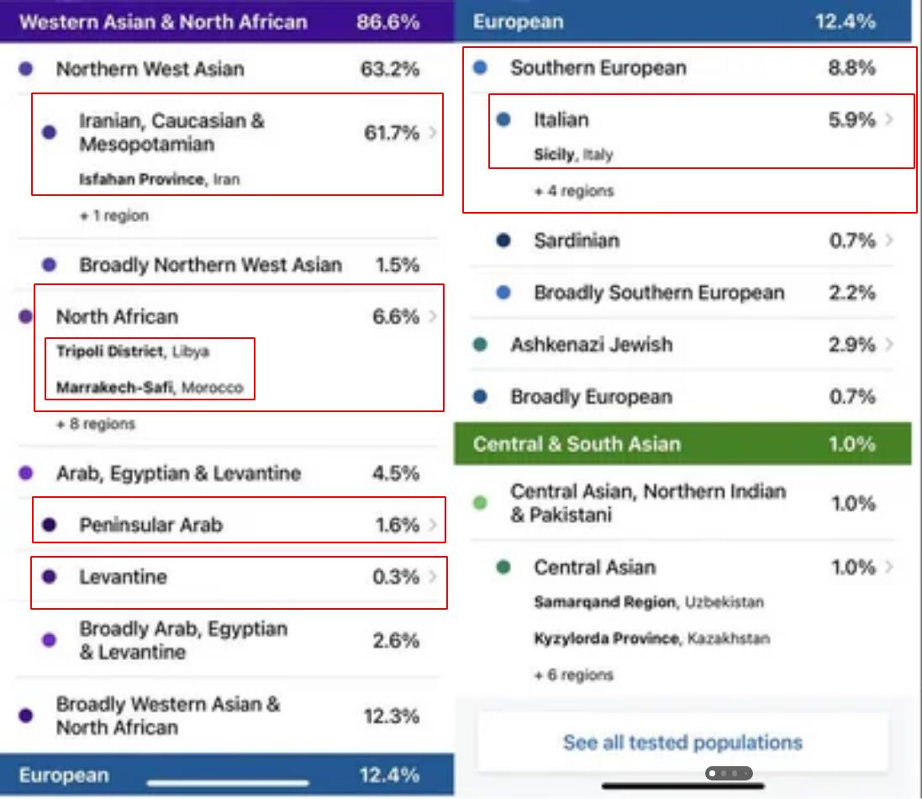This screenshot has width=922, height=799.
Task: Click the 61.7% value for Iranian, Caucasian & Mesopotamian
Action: click(x=391, y=133)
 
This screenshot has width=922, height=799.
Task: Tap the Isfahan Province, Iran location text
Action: click(x=160, y=179)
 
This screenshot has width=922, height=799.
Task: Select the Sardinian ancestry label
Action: click(x=577, y=241)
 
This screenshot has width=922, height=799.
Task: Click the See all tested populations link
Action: click(x=682, y=743)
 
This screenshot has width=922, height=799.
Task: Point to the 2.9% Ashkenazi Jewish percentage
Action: click(x=852, y=345)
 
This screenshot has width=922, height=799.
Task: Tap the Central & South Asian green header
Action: click(x=577, y=444)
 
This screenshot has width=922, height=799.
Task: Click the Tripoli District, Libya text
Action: click(x=132, y=352)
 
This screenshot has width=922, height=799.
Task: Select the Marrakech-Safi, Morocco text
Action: click(x=150, y=388)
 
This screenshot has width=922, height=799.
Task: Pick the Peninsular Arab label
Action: click(x=151, y=526)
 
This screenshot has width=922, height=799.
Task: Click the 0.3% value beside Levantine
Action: click(x=395, y=577)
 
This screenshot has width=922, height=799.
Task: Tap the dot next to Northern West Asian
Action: click(x=26, y=69)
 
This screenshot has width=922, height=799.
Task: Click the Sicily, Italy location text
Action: click(x=573, y=155)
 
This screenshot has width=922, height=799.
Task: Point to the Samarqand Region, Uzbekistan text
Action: click(x=649, y=602)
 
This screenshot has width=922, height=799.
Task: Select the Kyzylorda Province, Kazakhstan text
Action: click(x=651, y=638)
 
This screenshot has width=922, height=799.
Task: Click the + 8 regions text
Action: click(x=95, y=424)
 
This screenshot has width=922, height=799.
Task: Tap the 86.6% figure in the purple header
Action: click(x=387, y=21)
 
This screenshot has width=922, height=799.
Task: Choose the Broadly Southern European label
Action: click(x=659, y=294)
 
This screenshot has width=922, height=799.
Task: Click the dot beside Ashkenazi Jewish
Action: click(x=480, y=345)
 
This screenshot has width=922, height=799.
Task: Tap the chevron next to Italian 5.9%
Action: click(x=889, y=120)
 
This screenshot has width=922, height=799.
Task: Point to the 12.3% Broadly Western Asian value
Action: click(x=391, y=717)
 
